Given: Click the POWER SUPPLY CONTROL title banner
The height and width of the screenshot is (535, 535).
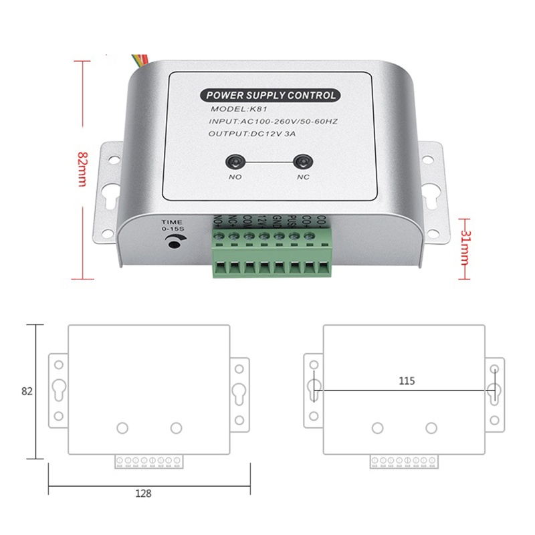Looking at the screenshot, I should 271,95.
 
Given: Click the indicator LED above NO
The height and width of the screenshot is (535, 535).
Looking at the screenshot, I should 234,163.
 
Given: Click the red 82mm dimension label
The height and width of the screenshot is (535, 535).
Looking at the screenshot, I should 82,169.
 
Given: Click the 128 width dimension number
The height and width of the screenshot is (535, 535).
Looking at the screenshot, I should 142,494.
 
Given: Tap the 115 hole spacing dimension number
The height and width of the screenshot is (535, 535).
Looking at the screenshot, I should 407,381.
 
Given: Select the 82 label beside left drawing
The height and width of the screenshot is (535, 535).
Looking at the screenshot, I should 27,391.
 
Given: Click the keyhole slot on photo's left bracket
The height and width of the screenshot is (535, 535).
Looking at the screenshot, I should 107,199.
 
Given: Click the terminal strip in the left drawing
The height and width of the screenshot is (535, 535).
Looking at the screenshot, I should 148,461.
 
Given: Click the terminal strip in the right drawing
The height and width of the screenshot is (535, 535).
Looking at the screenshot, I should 404,461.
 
